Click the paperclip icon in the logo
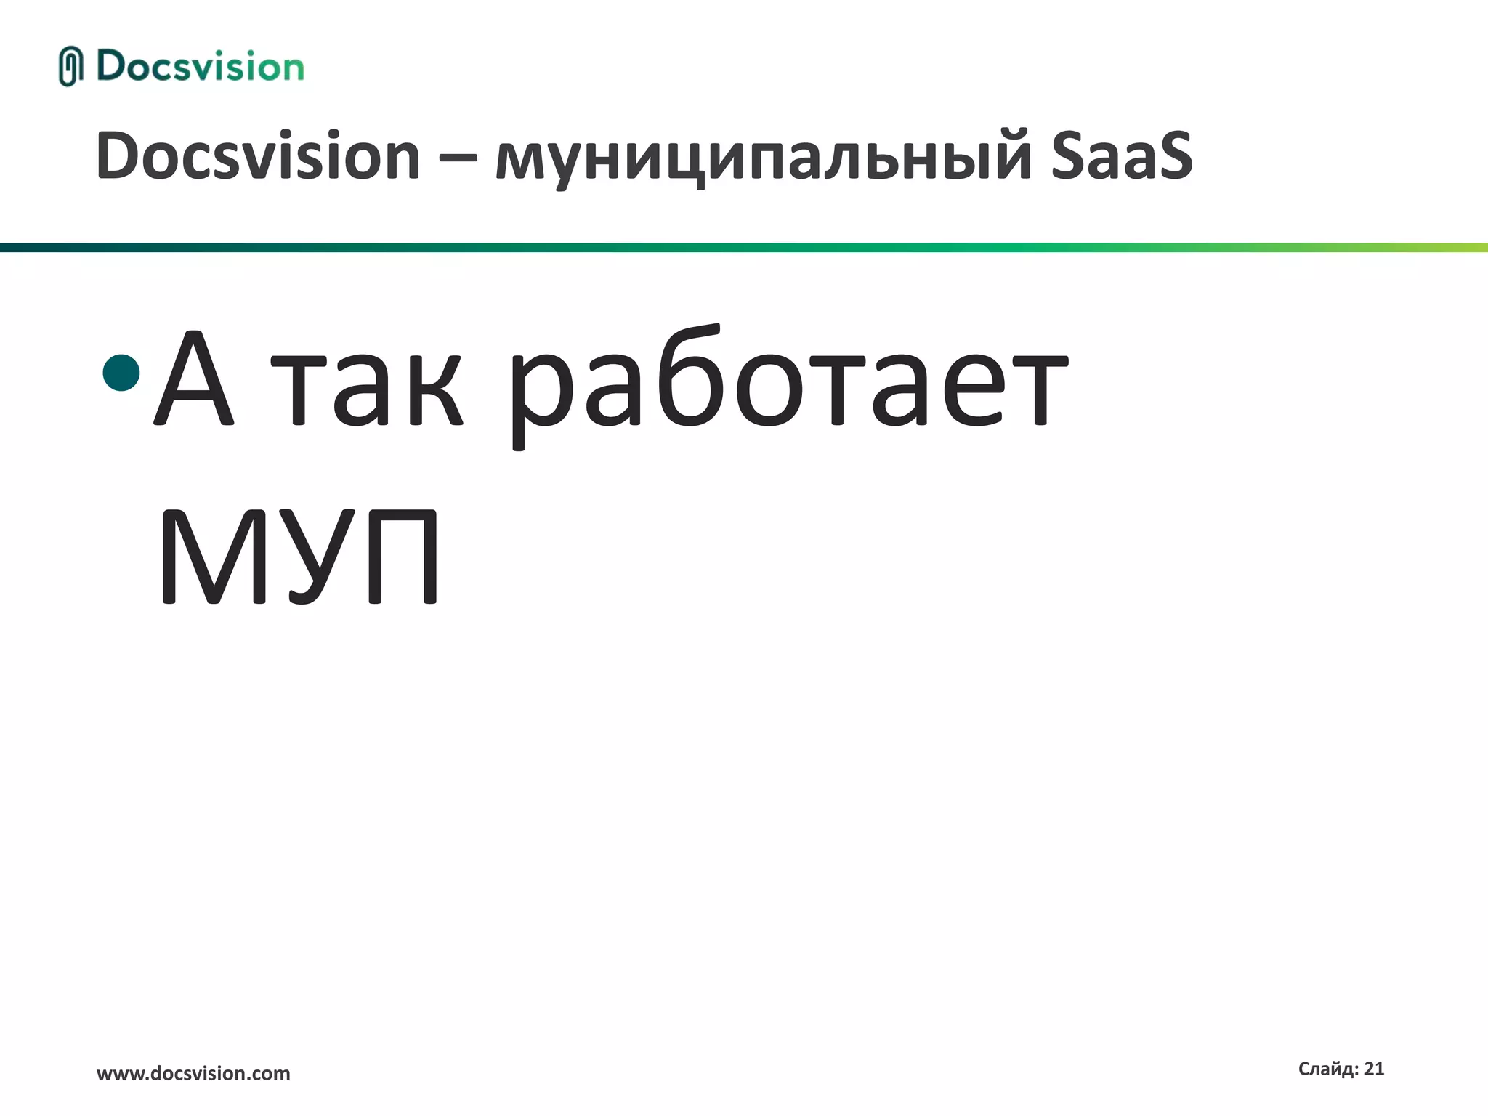[x=70, y=66]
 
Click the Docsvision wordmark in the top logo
[x=200, y=66]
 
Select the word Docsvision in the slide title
[x=258, y=156]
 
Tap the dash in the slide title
[x=458, y=158]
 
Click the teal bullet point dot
[x=121, y=373]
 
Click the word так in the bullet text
[x=367, y=389]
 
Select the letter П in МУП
[x=403, y=557]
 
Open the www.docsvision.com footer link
[x=193, y=1074]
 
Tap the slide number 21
[x=1374, y=1069]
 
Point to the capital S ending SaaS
[x=1166, y=156]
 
